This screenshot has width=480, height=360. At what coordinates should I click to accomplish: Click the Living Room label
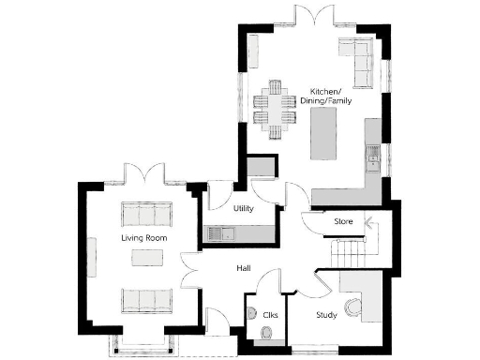click(x=143, y=239)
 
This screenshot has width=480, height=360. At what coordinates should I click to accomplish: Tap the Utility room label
click(x=244, y=208)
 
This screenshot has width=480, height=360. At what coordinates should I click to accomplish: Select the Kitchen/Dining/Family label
click(x=331, y=96)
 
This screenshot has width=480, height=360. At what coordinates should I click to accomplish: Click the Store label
click(x=343, y=221)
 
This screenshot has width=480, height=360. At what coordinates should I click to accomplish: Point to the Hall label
click(x=244, y=269)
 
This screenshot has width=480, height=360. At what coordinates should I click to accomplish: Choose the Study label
click(x=326, y=315)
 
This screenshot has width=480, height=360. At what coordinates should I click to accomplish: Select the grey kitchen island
click(x=325, y=135)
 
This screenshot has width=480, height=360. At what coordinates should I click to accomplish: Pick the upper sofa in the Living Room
click(x=144, y=214)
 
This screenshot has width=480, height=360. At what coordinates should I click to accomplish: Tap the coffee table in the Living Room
click(x=145, y=266)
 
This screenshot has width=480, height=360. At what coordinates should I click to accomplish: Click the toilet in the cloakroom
click(x=266, y=335)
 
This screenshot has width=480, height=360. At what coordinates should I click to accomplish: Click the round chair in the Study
click(x=353, y=308)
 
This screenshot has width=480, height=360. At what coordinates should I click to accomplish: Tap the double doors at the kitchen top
click(x=309, y=17)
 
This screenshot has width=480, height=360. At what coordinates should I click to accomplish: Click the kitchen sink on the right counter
click(x=373, y=157)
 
